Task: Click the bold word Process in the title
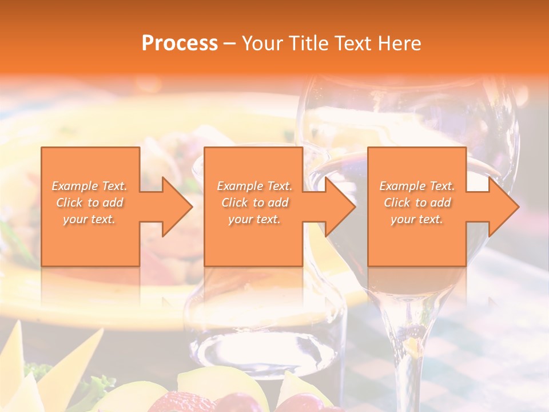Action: (x=180, y=43)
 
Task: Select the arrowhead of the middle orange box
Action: (x=340, y=207)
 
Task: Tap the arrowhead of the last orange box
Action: (x=503, y=207)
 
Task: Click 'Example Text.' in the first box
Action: (x=89, y=186)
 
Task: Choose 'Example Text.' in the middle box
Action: (x=254, y=186)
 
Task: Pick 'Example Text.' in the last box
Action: (x=417, y=186)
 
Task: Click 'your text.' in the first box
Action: (x=89, y=219)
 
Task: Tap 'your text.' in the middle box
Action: (x=254, y=219)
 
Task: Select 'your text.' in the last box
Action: (x=417, y=219)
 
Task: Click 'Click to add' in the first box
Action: (x=89, y=203)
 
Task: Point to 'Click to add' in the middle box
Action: (x=254, y=203)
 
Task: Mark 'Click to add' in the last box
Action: (x=417, y=203)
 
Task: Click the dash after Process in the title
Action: (x=230, y=44)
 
